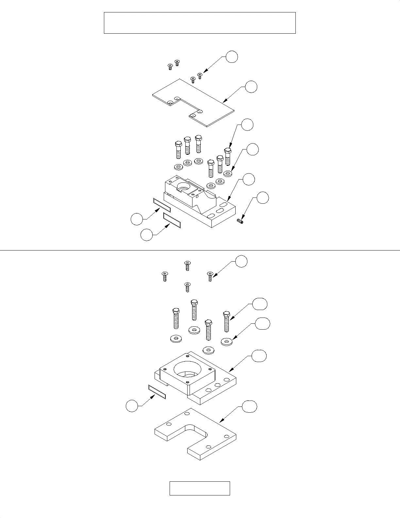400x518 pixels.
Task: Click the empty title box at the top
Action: click(200, 23)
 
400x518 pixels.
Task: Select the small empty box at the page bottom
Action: click(200, 488)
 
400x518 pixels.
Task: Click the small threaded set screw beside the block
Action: click(240, 222)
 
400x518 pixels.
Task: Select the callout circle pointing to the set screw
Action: click(263, 198)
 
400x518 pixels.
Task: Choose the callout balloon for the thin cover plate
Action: click(251, 87)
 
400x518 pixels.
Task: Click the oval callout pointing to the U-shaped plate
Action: click(249, 406)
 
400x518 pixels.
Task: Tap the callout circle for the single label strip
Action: click(132, 406)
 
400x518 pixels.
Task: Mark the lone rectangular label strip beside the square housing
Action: click(157, 392)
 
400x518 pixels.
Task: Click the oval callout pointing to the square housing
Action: click(259, 355)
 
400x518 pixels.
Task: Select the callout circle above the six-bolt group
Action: click(247, 125)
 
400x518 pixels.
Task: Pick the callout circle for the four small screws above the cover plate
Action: click(232, 57)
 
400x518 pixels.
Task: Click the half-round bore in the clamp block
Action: click(183, 187)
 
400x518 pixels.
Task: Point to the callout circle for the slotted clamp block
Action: click(249, 179)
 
